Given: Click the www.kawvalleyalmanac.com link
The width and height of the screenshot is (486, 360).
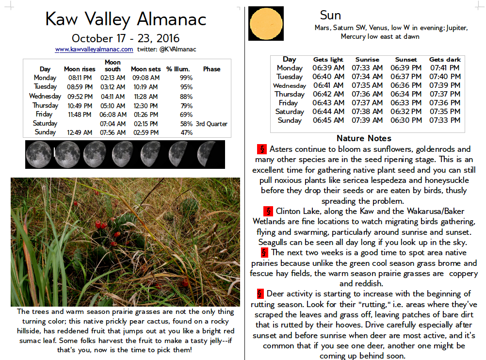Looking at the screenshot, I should click(94, 49).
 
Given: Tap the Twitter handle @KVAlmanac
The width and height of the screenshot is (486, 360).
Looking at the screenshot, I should click(167, 49).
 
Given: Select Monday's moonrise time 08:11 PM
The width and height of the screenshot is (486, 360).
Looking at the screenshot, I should click(80, 78).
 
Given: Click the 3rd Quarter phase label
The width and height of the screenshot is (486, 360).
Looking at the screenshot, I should click(211, 124).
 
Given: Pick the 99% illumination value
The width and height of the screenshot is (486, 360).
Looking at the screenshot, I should click(186, 78).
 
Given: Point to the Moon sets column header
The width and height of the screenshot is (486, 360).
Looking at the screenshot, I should click(146, 69).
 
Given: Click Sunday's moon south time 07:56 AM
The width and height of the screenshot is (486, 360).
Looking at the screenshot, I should click(113, 132).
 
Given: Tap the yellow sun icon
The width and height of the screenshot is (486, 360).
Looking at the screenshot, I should click(266, 23).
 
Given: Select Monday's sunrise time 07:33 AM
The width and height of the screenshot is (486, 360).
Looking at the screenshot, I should click(367, 68).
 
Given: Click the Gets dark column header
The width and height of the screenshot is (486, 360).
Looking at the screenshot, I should click(445, 59).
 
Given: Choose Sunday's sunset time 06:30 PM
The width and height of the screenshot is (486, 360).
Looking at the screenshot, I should click(406, 120).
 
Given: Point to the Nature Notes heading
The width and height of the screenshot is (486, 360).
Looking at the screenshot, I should click(364, 139).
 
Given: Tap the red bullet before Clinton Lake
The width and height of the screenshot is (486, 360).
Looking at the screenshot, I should click(268, 212).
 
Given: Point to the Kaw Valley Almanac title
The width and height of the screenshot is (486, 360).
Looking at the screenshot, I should click(126, 19).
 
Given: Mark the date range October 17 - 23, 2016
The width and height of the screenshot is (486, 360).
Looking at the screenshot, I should click(126, 38).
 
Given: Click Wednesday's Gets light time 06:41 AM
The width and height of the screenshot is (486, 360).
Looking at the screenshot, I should click(328, 85).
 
